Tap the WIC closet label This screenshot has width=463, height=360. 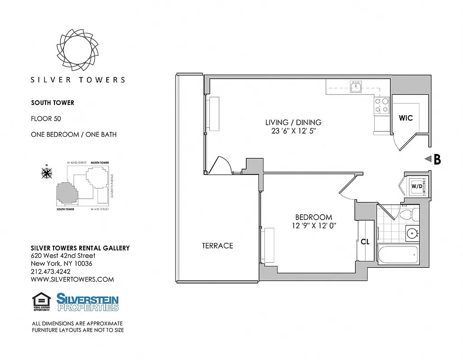[406, 118]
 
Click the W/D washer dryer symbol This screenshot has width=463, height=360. [417, 186]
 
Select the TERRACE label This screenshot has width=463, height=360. [218, 246]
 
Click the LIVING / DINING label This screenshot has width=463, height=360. [293, 122]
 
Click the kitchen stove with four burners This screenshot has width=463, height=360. [382, 105]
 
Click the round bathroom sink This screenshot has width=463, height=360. [412, 233]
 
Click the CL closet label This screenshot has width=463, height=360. [365, 242]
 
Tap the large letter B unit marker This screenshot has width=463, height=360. [436, 159]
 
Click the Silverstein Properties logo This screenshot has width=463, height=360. [87, 302]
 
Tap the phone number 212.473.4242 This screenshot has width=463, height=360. [50, 271]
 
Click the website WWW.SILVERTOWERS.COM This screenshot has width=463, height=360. [72, 279]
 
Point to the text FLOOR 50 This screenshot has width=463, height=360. [45, 119]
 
